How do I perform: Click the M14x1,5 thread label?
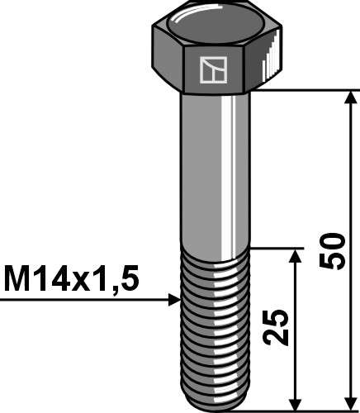click(70, 278)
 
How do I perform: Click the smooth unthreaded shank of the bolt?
click(214, 165)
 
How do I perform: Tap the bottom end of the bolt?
click(214, 404)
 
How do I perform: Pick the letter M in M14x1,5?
click(16, 278)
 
